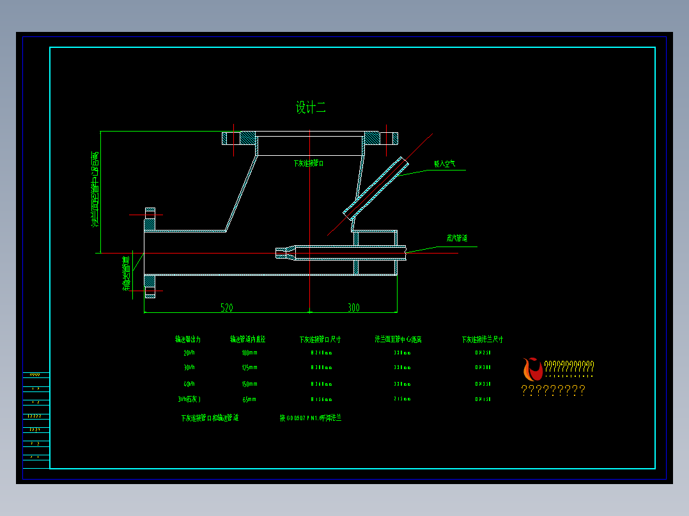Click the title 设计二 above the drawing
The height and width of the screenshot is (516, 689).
(x=311, y=108)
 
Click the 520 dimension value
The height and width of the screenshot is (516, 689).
(x=227, y=308)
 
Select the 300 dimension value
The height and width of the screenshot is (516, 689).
(x=353, y=308)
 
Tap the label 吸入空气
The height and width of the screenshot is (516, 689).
(x=445, y=164)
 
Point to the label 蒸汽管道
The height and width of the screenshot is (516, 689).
(x=457, y=238)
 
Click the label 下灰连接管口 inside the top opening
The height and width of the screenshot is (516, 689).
(x=309, y=163)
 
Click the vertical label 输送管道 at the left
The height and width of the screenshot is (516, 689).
(x=127, y=273)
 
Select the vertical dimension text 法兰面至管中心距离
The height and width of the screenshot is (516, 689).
(x=95, y=190)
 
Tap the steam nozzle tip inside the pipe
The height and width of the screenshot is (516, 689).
(x=282, y=253)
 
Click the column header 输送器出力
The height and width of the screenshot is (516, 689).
(x=189, y=339)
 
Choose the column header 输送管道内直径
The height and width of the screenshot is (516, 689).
(x=247, y=339)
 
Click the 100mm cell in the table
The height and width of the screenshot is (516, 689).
(x=249, y=353)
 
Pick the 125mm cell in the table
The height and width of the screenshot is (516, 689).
(x=249, y=368)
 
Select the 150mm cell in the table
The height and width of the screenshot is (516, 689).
(x=249, y=384)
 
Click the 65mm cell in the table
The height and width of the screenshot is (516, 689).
(x=249, y=399)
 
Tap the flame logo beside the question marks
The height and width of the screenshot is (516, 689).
(x=532, y=369)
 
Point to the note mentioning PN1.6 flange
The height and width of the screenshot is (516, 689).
(x=311, y=418)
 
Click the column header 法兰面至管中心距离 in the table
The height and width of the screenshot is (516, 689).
(x=398, y=339)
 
